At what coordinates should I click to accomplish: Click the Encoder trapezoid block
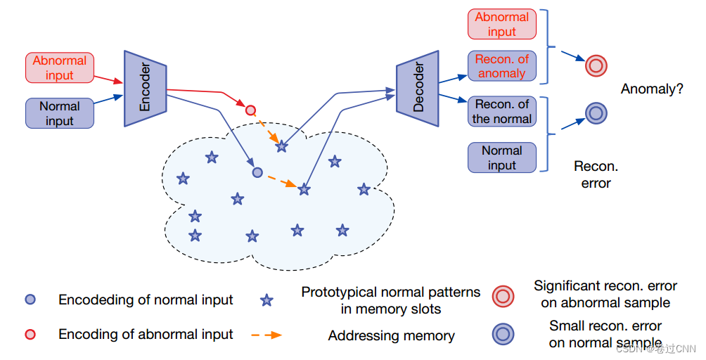145,89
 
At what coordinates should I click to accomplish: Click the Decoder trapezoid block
418,88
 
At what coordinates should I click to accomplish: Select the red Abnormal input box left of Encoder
59,67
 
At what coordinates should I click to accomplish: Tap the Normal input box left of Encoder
59,113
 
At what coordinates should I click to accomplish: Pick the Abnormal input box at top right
501,24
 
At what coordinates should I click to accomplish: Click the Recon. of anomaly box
501,66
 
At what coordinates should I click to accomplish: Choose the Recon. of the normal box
501,111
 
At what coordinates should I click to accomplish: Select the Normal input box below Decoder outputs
501,157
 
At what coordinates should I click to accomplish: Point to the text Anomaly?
652,89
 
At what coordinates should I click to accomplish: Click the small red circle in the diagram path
250,110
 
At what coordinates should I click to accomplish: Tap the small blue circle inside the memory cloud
257,172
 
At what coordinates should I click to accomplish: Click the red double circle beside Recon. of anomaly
596,66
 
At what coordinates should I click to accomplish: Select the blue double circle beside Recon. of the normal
596,112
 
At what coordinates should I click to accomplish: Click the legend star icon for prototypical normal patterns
267,301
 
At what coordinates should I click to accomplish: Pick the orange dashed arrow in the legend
267,335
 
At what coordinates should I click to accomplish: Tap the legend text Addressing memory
391,336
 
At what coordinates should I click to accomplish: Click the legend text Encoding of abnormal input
146,335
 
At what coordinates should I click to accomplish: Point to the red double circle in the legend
503,296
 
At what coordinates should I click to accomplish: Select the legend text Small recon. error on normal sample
605,334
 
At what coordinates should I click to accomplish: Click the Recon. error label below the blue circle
596,175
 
